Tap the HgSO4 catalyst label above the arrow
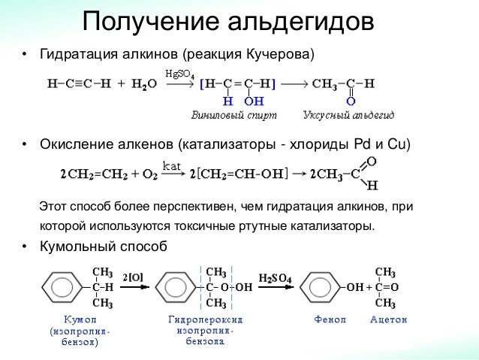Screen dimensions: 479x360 coord(179,74)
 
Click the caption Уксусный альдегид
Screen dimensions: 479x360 coord(348,116)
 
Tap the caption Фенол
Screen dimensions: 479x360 coord(330,319)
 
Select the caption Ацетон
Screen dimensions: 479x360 coord(388,319)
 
